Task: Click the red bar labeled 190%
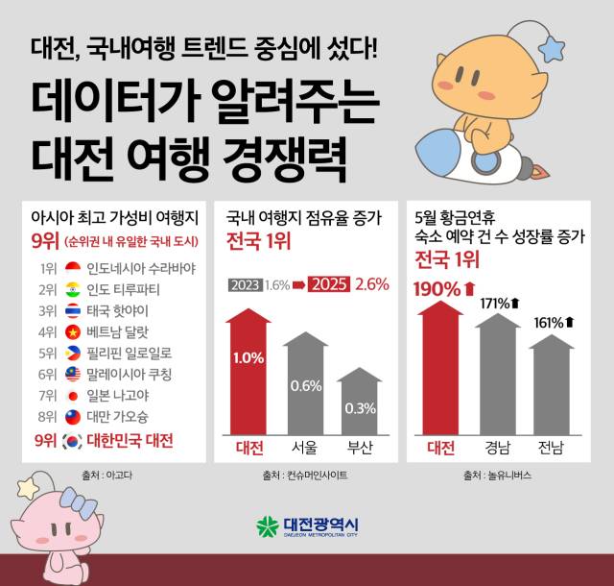(x=440, y=370)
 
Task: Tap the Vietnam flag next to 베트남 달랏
(x=72, y=331)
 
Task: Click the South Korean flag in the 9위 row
(x=72, y=442)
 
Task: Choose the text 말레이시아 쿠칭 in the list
(x=129, y=374)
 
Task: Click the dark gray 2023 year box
(x=245, y=285)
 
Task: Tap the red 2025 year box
(x=328, y=285)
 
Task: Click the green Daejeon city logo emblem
(x=266, y=526)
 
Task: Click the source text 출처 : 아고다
(x=106, y=474)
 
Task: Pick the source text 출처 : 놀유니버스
(x=496, y=475)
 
